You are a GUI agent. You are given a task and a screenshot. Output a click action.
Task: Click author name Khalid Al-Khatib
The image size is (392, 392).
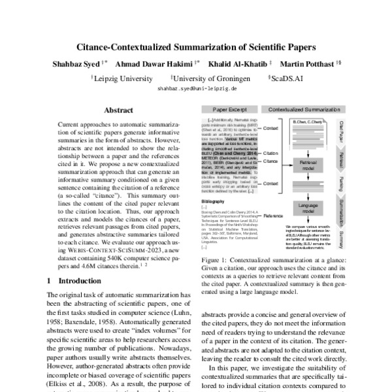click(x=238, y=65)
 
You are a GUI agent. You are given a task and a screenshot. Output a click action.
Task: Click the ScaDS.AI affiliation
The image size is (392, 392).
click(x=289, y=77)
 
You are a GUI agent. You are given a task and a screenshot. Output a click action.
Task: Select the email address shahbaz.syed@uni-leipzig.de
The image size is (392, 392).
click(x=195, y=88)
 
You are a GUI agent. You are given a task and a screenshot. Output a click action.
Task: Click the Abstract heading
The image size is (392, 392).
click(x=118, y=110)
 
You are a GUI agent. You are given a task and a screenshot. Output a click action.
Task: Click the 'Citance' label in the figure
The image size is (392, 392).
click(x=271, y=160)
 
